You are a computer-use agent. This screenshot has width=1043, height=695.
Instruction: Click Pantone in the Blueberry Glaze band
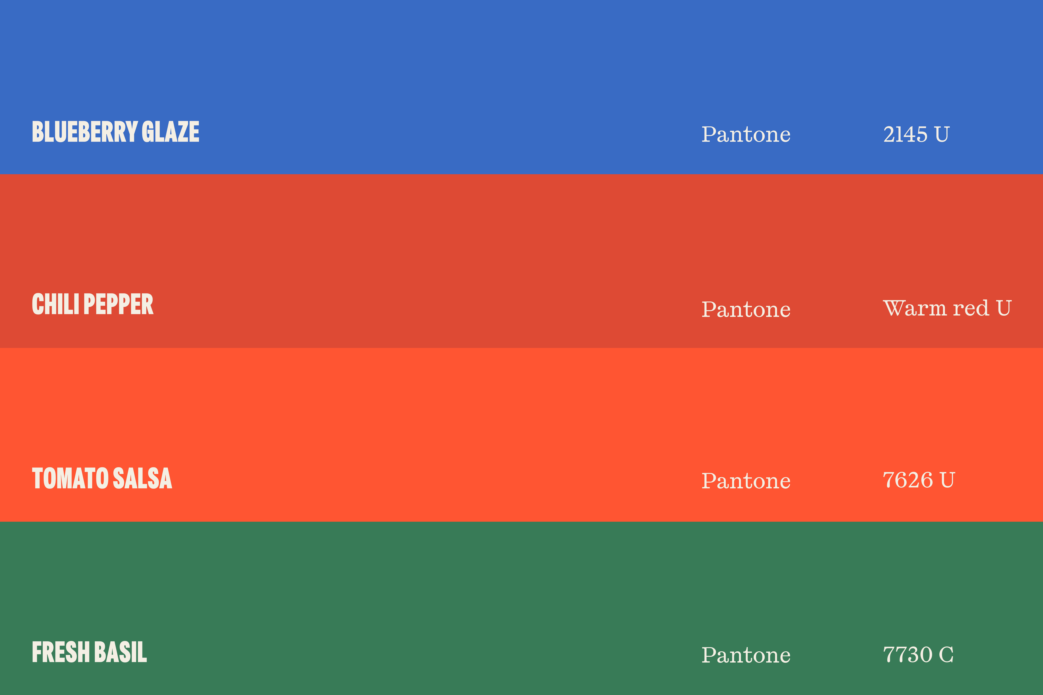[746, 134]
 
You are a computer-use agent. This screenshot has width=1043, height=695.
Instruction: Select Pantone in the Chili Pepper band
[746, 309]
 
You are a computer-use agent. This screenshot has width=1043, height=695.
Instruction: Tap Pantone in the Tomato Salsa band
[746, 481]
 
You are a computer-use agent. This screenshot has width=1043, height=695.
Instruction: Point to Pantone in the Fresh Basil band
[746, 655]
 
